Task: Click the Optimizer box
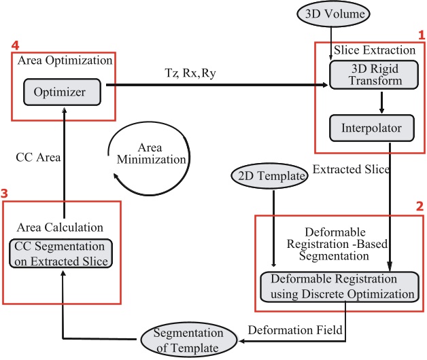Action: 62,91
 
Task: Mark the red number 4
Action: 16,46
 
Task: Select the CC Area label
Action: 38,158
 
